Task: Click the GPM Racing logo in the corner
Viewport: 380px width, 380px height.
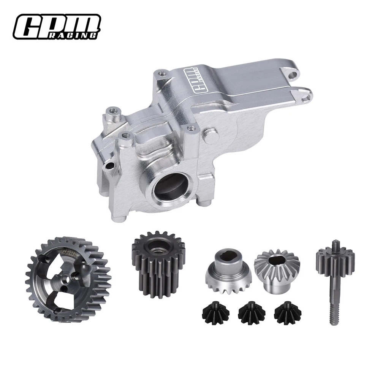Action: coord(57,26)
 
